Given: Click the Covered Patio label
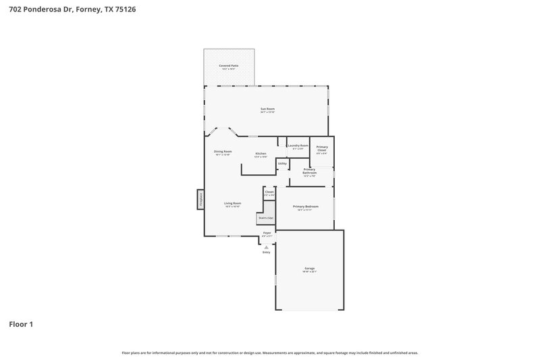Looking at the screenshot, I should pyautogui.click(x=229, y=66).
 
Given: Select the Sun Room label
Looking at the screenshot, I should pyautogui.click(x=267, y=109).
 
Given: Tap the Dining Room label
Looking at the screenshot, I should pyautogui.click(x=223, y=151).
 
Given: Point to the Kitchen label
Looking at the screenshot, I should pyautogui.click(x=261, y=154).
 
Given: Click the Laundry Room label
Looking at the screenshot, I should pyautogui.click(x=298, y=146).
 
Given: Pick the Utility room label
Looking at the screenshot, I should pyautogui.click(x=282, y=163).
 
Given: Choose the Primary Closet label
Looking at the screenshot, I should pyautogui.click(x=322, y=149).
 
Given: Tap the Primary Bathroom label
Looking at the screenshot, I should pyautogui.click(x=310, y=172).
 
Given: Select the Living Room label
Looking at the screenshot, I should pyautogui.click(x=232, y=203).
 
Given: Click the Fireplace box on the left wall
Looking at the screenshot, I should pyautogui.click(x=200, y=199).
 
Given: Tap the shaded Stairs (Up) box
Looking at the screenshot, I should pyautogui.click(x=266, y=217).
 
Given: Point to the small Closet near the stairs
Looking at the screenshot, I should pyautogui.click(x=269, y=192).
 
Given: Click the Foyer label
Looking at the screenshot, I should pyautogui.click(x=267, y=233).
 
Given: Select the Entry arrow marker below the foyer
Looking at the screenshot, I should pyautogui.click(x=267, y=247).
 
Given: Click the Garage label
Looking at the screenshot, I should pyautogui.click(x=309, y=269).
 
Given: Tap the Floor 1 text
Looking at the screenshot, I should pyautogui.click(x=21, y=324).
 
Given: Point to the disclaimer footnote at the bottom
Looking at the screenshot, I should pyautogui.click(x=269, y=353).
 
